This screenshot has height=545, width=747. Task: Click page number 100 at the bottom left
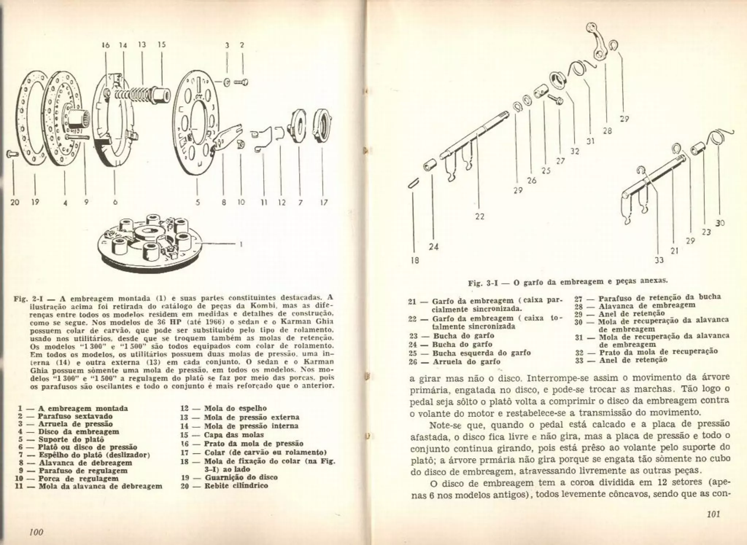[36, 532]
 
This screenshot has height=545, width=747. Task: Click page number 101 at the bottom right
[713, 514]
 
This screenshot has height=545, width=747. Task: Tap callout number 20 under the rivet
[15, 202]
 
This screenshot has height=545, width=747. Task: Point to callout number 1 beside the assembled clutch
[241, 245]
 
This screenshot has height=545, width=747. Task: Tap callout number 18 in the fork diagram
[415, 260]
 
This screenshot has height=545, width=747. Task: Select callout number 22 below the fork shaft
[480, 216]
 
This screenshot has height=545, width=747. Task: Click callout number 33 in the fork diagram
[659, 260]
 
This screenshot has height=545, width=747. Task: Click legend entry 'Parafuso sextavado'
[75, 416]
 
